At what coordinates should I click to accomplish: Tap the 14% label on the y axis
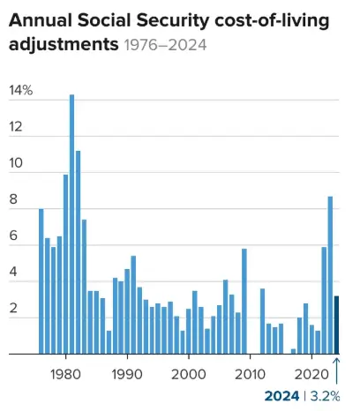coord(20,91)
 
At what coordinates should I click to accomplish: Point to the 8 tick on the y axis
coord(14,200)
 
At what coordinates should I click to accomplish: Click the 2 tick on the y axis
coord(14,309)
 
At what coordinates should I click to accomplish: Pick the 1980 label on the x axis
coord(64,373)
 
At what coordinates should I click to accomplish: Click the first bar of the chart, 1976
coord(41,281)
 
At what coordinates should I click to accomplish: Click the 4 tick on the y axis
coord(14,273)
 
